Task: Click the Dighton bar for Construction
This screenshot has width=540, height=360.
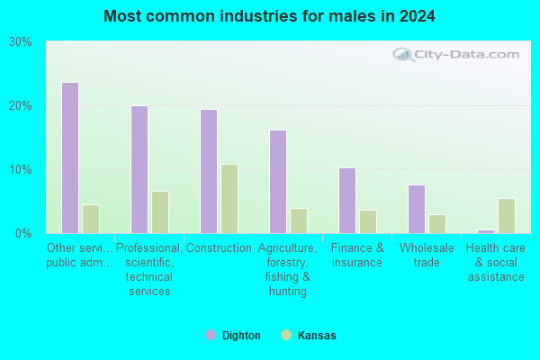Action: (209, 172)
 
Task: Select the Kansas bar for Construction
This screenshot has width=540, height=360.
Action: (229, 199)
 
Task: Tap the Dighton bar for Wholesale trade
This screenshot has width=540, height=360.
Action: (417, 209)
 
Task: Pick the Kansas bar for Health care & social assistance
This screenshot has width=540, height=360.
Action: (507, 216)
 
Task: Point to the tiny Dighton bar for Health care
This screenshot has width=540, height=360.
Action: (486, 231)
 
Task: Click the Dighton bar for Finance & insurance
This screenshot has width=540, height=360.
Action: (347, 201)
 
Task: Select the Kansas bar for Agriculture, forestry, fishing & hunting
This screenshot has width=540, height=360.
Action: (299, 220)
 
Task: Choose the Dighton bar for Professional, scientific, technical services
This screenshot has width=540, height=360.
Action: (139, 169)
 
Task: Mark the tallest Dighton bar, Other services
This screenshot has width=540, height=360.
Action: (70, 157)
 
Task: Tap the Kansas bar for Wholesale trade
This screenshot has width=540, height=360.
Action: (437, 224)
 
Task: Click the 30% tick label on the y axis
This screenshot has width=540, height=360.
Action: (21, 42)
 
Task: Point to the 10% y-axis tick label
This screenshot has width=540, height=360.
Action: (21, 169)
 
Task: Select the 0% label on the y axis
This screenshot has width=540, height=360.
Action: (23, 234)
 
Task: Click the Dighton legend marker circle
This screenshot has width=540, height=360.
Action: (211, 335)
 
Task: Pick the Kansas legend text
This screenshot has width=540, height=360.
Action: (317, 335)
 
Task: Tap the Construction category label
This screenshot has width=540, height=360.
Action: (219, 248)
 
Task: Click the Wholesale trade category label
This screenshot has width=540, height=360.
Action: (427, 256)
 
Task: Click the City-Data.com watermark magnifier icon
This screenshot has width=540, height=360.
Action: (403, 54)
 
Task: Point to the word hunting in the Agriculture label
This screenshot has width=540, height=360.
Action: (288, 292)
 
